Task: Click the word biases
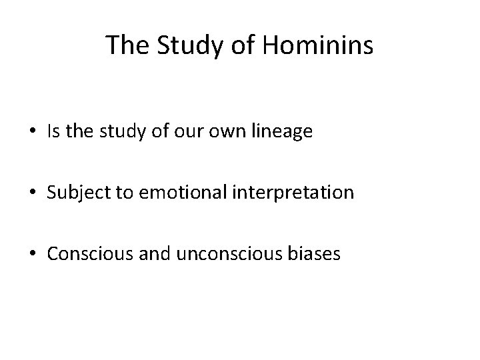[x=318, y=254]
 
